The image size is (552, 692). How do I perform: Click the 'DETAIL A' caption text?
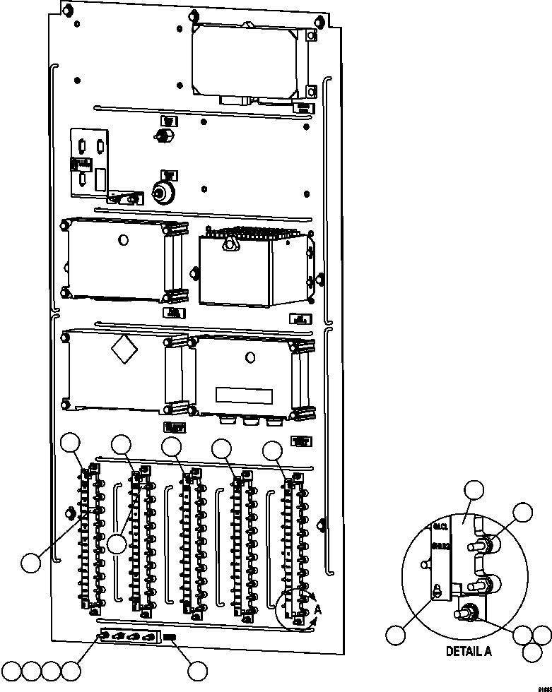(468, 652)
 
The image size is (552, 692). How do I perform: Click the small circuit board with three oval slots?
(90, 162)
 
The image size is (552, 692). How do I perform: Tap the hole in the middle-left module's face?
(123, 240)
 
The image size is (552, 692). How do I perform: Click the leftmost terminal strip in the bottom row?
(90, 537)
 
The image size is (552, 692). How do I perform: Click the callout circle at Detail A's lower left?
(397, 633)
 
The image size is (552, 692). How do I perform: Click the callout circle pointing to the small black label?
(196, 670)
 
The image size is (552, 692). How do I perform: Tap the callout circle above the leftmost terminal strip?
(71, 443)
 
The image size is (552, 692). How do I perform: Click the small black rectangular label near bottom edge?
(170, 637)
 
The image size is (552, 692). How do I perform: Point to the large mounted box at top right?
(252, 60)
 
